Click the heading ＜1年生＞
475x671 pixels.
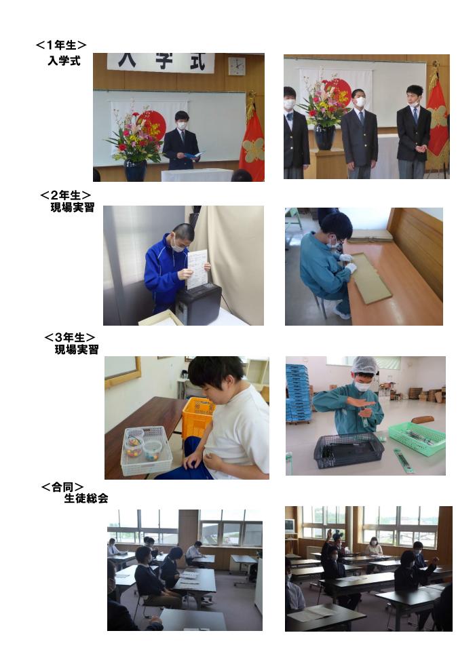point(61,45)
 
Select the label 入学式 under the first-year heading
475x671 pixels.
point(64,60)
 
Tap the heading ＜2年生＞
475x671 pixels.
point(65,195)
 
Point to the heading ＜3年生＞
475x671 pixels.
point(70,337)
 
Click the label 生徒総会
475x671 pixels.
point(86,498)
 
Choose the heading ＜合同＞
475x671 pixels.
point(62,487)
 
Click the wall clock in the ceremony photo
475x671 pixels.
point(237,66)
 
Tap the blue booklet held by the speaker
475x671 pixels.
point(193,155)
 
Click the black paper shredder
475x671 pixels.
point(199,304)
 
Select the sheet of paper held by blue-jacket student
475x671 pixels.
point(197,269)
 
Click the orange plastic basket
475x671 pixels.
point(197,418)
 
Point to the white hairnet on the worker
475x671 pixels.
point(364,366)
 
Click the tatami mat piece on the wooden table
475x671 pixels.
point(371,277)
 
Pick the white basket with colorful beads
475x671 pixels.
point(147,450)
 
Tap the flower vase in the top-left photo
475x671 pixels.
point(135,170)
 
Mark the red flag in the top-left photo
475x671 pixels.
point(252,143)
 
